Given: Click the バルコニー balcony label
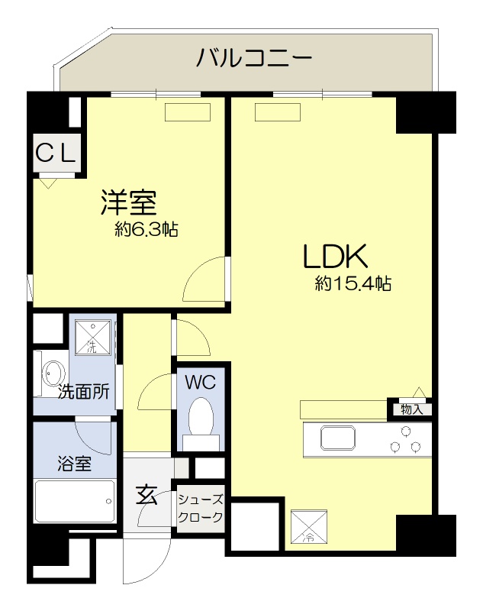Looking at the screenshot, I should coord(254,57).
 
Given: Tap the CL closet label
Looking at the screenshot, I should coord(55,154).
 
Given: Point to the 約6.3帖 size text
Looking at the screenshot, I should coord(146,229).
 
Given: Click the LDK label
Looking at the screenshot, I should coord(336,256).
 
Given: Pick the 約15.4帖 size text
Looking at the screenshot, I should coord(353,285).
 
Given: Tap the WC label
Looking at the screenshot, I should coord(201,382).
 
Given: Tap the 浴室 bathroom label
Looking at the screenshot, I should coord(73,463).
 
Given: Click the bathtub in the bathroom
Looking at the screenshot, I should coord(76,502).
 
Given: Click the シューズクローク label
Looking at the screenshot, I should coord(201,509).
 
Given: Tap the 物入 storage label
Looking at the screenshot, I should coord(411,409).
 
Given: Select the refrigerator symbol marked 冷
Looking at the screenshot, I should coord(309,527).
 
